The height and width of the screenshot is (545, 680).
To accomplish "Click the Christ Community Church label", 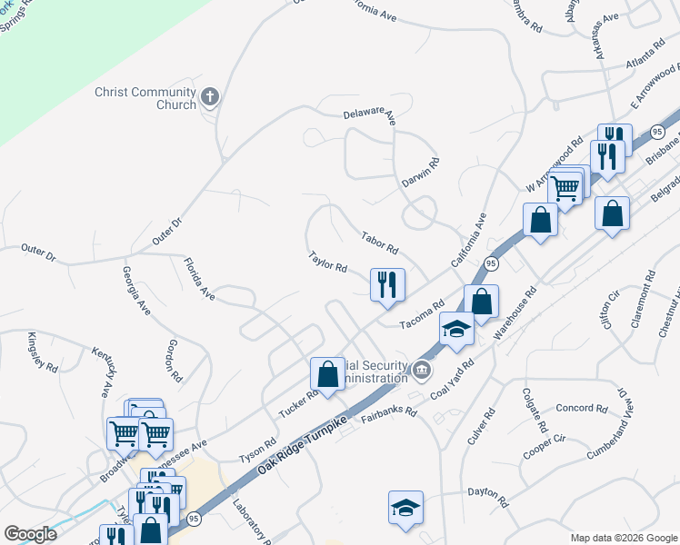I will point(145,98).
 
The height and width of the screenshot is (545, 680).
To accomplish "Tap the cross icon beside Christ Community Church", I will point(210,96).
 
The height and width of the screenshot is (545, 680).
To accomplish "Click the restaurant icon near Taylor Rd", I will point(387,284).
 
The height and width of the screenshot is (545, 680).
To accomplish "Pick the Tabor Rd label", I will point(380,242).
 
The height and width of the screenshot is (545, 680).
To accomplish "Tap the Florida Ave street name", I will point(198,280).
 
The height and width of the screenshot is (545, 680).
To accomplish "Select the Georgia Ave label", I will point(136,291).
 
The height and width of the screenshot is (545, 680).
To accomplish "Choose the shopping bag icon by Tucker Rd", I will point(327,373).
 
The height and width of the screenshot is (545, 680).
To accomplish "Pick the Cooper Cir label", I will point(545,445).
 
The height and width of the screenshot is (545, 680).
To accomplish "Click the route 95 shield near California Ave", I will point(491,263).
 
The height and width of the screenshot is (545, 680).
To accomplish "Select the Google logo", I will point(30,534).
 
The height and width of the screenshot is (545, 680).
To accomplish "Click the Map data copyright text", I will point(623,538).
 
